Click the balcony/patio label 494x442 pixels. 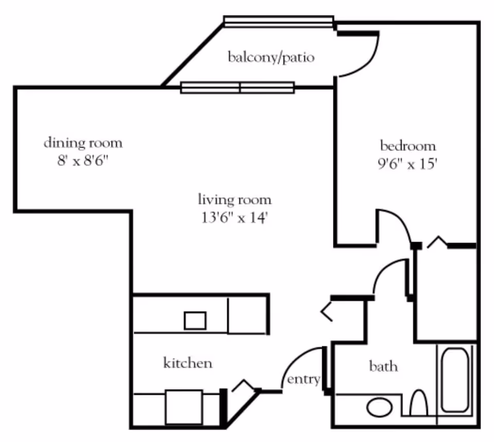271,57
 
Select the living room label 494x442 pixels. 235,199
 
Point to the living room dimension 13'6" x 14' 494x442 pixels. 235,218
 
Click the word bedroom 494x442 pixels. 408,145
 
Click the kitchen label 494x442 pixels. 187,363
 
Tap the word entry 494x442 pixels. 303,380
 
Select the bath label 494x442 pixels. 383,366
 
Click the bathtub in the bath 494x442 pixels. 455,380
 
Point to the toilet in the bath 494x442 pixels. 419,403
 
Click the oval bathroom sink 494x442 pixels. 380,407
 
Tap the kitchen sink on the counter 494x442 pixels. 195,320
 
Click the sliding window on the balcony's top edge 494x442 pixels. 278,21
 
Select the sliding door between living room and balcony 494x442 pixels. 237,88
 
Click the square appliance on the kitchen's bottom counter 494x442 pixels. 184,407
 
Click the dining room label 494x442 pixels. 83,142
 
